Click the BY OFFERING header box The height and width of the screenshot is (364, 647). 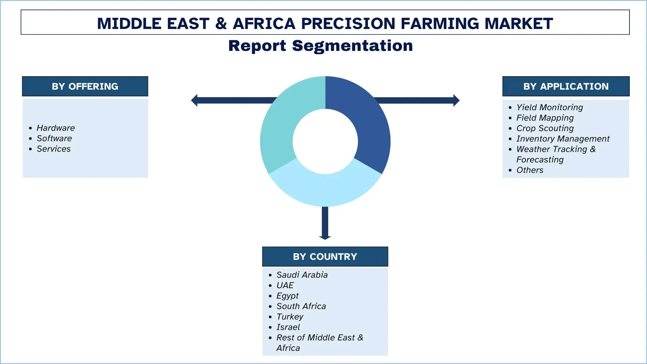[85, 86]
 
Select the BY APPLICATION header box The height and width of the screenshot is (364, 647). [566, 86]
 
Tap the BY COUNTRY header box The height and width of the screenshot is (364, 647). [325, 256]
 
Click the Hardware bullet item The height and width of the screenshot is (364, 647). [56, 128]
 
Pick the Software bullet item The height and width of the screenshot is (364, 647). [54, 139]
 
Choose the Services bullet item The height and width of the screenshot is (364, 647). [54, 149]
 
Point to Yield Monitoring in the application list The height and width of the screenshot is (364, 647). [550, 108]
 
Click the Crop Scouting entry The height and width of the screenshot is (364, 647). [545, 128]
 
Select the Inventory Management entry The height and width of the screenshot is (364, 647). [563, 139]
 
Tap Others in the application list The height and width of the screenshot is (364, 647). [530, 170]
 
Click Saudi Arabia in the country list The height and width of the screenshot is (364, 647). [302, 275]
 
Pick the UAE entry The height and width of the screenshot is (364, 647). [285, 285]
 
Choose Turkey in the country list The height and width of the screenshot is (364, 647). [290, 317]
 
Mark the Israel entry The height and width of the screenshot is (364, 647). [288, 327]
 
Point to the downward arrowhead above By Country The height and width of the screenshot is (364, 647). [325, 237]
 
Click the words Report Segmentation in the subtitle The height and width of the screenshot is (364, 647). [320, 46]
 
